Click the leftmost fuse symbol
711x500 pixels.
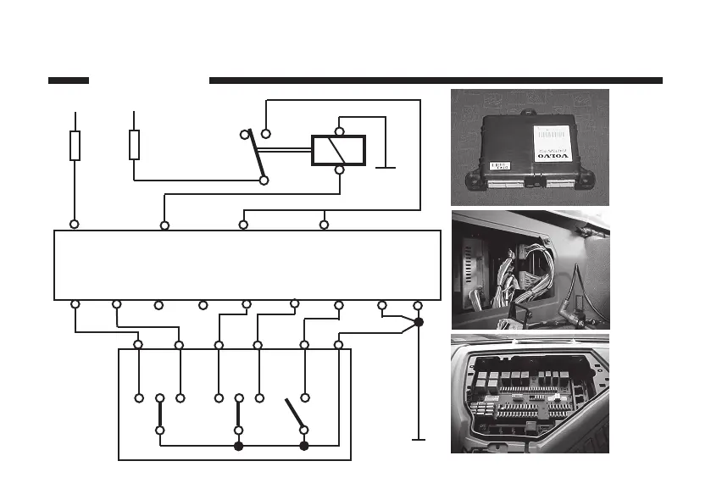(x=75, y=145)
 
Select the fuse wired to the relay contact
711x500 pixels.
(x=134, y=144)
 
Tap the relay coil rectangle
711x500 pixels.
(x=338, y=150)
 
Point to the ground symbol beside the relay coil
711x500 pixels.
(x=386, y=167)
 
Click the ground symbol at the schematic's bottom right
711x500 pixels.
(x=418, y=440)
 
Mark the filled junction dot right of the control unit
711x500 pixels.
(x=419, y=323)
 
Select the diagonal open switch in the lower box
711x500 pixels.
(x=295, y=414)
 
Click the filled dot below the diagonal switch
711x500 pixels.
(x=304, y=445)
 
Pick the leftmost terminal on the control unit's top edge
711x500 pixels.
(x=75, y=225)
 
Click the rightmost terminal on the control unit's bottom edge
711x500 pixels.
(x=417, y=304)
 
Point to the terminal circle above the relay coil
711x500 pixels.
(x=339, y=131)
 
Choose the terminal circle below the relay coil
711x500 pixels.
(x=339, y=169)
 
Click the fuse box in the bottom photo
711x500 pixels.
(x=530, y=395)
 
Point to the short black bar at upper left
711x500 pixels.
(x=69, y=81)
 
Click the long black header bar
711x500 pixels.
(x=435, y=81)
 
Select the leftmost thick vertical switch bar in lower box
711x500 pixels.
(x=160, y=414)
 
